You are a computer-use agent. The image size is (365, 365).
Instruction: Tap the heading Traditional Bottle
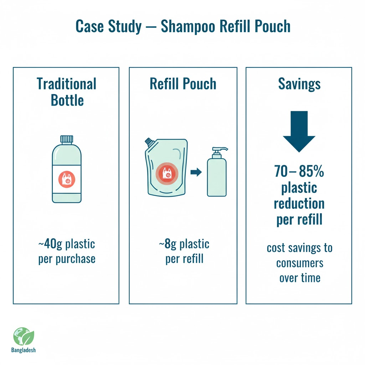tap(67, 92)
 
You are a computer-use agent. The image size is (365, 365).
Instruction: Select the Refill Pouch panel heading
tap(183, 84)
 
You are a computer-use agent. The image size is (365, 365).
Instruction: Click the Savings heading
tap(299, 84)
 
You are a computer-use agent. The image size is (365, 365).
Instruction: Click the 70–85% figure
tap(299, 172)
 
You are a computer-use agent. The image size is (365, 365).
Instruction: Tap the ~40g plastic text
tap(67, 244)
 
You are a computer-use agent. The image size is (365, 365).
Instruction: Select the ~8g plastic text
tap(184, 244)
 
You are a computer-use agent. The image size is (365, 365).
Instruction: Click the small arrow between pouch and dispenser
tap(196, 173)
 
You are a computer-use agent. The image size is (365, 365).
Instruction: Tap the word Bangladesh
tap(24, 350)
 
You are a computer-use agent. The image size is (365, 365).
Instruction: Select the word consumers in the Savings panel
tap(299, 263)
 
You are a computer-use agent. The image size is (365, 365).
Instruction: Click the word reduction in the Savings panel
tap(299, 204)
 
